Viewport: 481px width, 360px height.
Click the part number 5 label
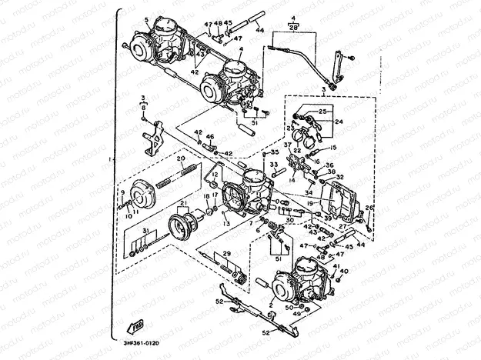point(146,17)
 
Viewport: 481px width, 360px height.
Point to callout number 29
point(226,253)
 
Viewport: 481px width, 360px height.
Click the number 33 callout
point(272,165)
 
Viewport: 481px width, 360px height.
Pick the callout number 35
point(275,152)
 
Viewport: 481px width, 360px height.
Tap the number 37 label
point(286,144)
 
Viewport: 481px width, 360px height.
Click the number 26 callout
point(368,208)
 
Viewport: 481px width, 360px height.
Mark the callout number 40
point(344,272)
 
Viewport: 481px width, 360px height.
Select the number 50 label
point(289,308)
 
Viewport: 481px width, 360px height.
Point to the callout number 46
point(210,137)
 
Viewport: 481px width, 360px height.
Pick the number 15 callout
point(334,147)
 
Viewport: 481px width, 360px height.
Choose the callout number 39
point(329,218)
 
